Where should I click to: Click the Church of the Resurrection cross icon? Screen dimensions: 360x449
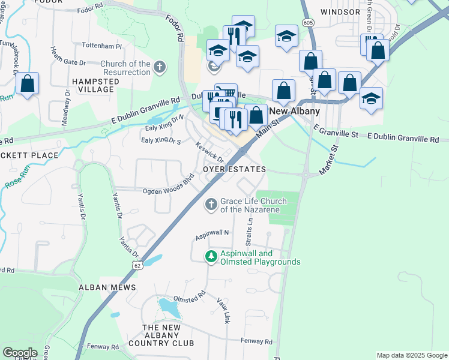[160, 67]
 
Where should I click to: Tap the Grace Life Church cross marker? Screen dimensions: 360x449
[211, 205]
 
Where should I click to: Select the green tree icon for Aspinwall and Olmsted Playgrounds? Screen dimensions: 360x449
[211, 256]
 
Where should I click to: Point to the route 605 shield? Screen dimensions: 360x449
[308, 23]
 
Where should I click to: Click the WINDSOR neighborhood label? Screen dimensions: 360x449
[340, 11]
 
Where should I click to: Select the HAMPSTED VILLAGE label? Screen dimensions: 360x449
[92, 85]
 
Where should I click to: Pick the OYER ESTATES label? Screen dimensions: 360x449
[234, 170]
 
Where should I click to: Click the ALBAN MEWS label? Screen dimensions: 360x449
[107, 288]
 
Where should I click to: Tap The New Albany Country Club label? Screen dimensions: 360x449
[168, 335]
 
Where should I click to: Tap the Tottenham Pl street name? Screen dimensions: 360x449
[101, 46]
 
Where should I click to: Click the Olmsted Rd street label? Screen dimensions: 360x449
[189, 298]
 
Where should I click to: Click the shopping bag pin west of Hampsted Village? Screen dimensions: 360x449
[28, 85]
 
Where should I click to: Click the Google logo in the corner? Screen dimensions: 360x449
[19, 353]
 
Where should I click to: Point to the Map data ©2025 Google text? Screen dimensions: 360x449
[411, 355]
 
